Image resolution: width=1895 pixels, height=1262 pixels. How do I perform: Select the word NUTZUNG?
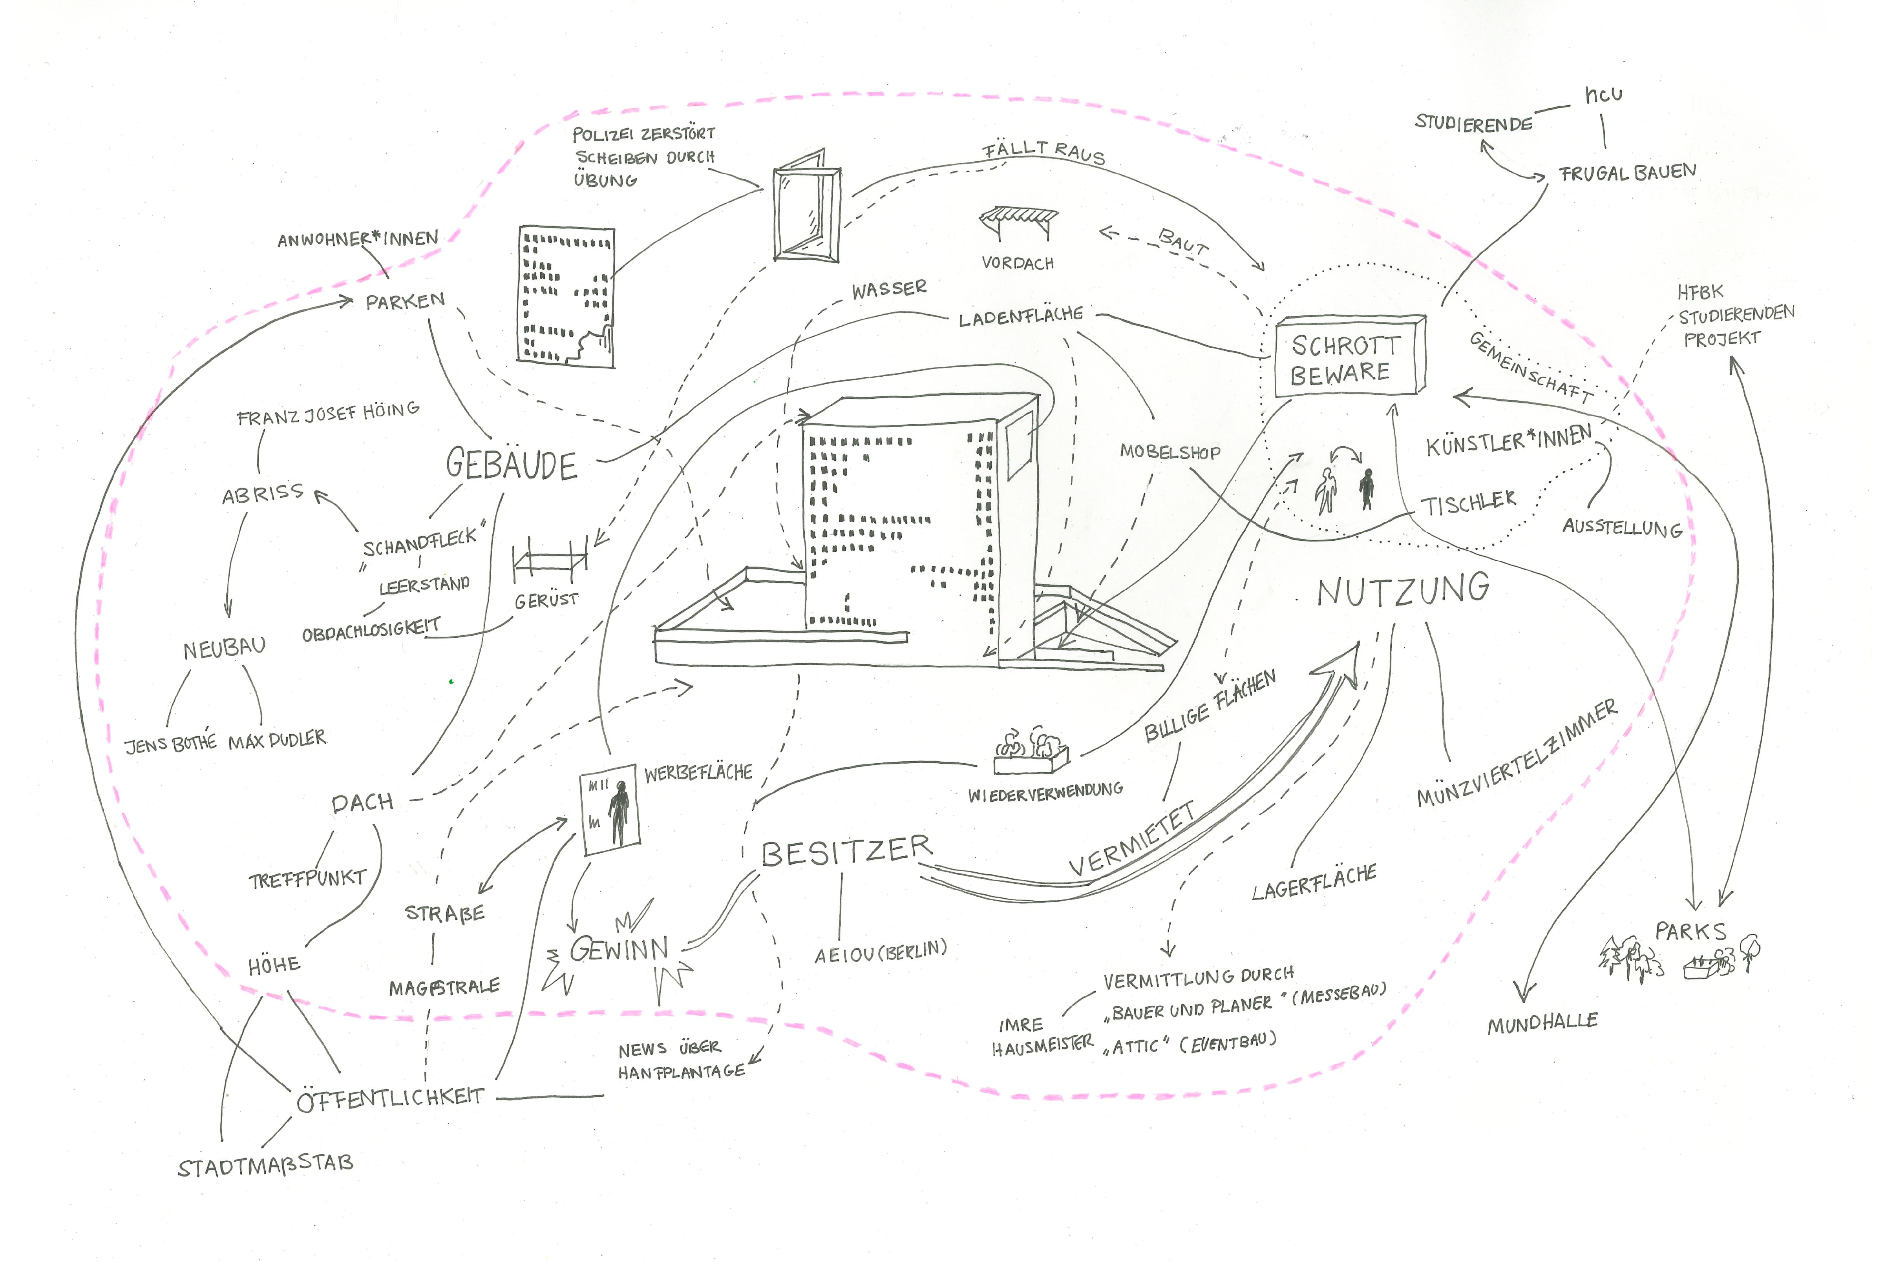(1402, 590)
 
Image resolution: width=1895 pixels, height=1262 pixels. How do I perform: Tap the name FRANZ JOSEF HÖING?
(328, 414)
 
